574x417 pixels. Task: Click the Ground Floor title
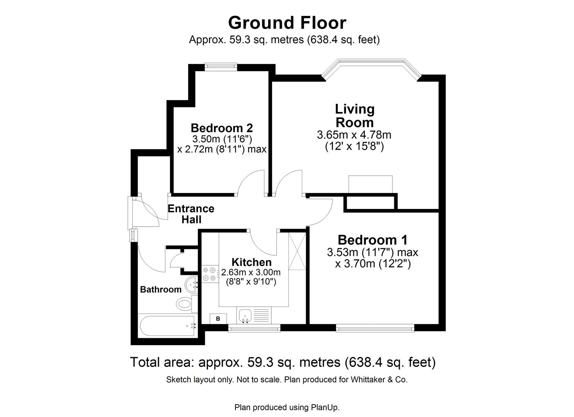(287, 23)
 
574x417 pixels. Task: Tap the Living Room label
(354, 116)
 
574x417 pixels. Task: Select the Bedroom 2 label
(221, 128)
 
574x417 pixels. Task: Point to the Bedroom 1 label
(372, 240)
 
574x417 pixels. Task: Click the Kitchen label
(251, 263)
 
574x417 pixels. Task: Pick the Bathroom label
(160, 290)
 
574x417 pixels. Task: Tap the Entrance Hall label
(191, 214)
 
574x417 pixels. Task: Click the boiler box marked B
(218, 319)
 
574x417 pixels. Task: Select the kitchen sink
(245, 315)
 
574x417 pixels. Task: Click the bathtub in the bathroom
(167, 326)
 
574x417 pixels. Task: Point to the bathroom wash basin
(191, 285)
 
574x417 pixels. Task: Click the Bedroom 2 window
(221, 66)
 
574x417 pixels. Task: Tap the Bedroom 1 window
(375, 329)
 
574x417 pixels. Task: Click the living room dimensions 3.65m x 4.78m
(354, 135)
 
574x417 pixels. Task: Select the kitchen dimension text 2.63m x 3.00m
(251, 272)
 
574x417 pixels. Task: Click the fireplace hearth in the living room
(370, 184)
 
